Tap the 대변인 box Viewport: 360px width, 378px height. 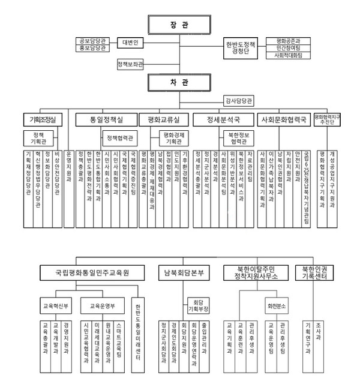tap(130, 43)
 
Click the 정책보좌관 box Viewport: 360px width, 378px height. tap(131, 64)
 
